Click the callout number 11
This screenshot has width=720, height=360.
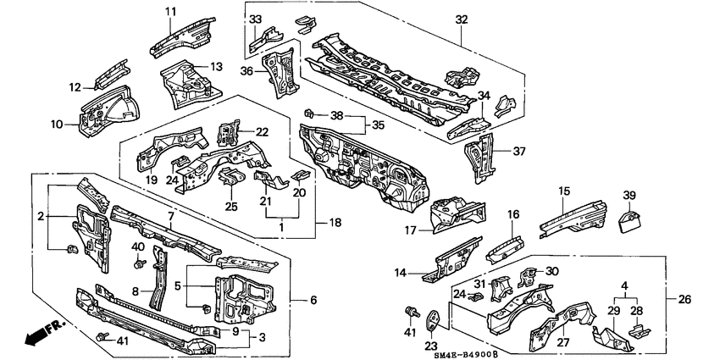[169, 11]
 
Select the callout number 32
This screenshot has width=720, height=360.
[461, 19]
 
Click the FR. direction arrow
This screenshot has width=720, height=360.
[39, 336]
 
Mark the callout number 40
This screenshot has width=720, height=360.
[137, 246]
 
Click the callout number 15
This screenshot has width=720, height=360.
[564, 193]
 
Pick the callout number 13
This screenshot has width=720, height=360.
[216, 66]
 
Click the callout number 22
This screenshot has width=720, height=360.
[262, 131]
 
